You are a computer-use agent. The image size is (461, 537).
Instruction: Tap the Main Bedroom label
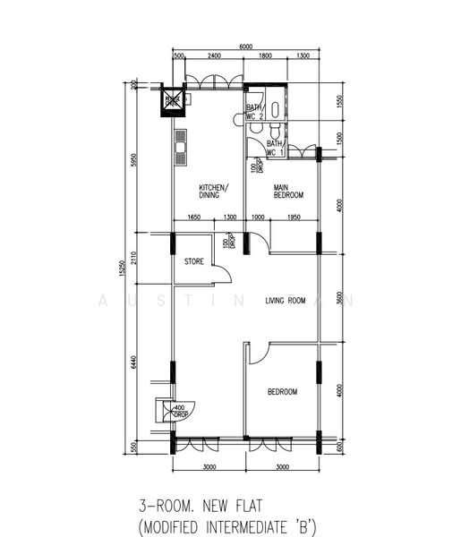pos(288,191)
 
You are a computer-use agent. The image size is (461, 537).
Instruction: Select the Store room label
pos(194,262)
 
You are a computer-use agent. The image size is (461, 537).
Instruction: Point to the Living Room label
pos(286,301)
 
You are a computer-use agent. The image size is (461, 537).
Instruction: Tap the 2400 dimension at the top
pos(214,56)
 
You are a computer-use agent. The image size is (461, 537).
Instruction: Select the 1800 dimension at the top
pos(266,56)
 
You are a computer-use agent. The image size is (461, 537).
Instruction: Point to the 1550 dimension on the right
pos(339,101)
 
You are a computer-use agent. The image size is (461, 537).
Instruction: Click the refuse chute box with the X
pos(171,101)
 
